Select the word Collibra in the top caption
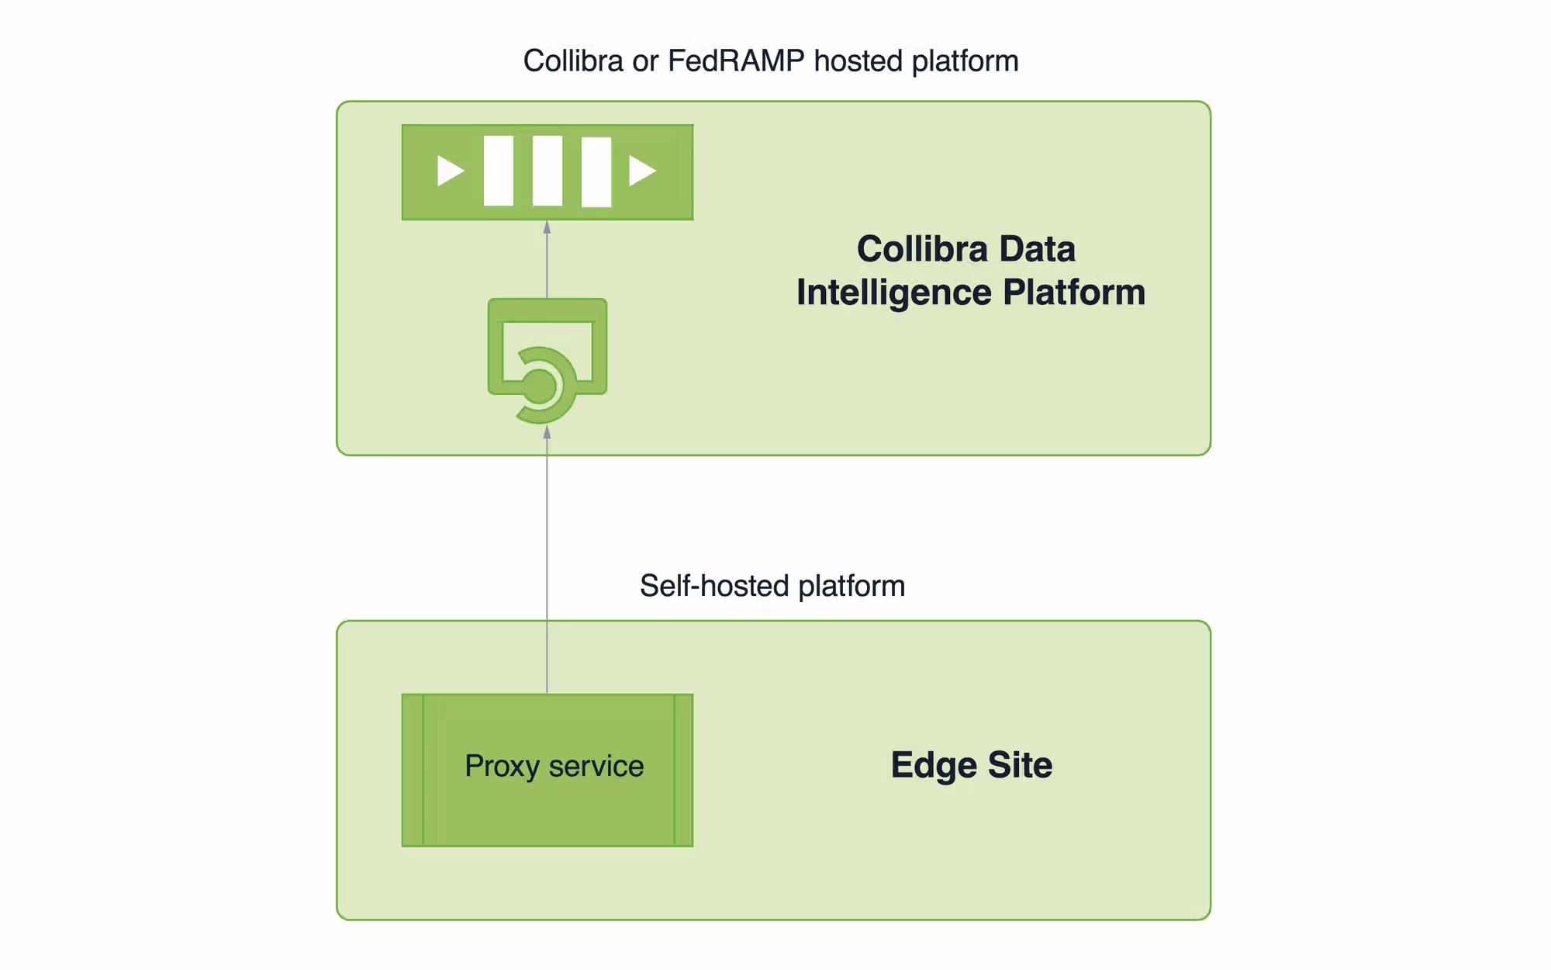tap(573, 61)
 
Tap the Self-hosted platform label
tap(772, 586)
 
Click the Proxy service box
tap(548, 807)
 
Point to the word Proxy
tap(502, 766)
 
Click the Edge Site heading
tap(971, 765)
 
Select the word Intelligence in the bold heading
tap(894, 293)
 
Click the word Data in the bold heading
tap(1037, 249)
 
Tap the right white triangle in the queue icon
tap(641, 171)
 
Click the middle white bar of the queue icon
tap(548, 171)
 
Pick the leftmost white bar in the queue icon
tap(499, 171)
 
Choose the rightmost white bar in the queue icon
tap(596, 171)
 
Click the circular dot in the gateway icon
tap(540, 386)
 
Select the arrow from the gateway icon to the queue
tap(548, 260)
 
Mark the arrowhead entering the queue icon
tap(548, 227)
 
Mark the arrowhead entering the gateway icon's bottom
tap(548, 432)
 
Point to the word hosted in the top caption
tap(858, 61)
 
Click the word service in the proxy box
tap(596, 766)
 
